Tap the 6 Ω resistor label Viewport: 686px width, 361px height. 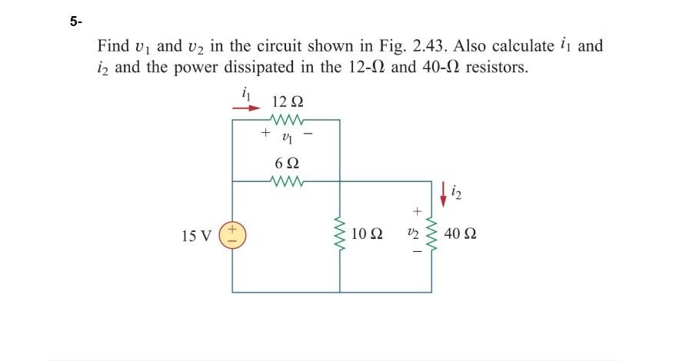[287, 164]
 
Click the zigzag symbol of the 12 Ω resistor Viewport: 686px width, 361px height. [287, 120]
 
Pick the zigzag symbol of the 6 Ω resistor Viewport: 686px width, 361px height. [287, 182]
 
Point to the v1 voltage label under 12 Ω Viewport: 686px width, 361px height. [287, 137]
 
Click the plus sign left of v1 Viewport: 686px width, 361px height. [265, 133]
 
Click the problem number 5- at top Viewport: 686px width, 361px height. [75, 22]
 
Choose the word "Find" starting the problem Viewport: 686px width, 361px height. [112, 45]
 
